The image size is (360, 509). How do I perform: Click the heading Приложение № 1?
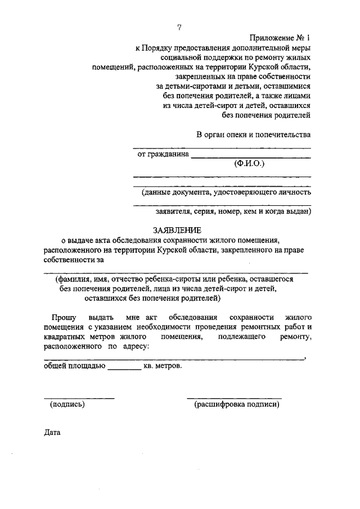[x=280, y=38]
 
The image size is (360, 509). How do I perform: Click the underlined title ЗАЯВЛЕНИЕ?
[x=177, y=231]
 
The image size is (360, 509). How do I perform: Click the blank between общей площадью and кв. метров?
[x=124, y=368]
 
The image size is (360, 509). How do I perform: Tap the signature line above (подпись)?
[x=79, y=398]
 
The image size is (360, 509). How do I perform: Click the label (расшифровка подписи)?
[x=236, y=404]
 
